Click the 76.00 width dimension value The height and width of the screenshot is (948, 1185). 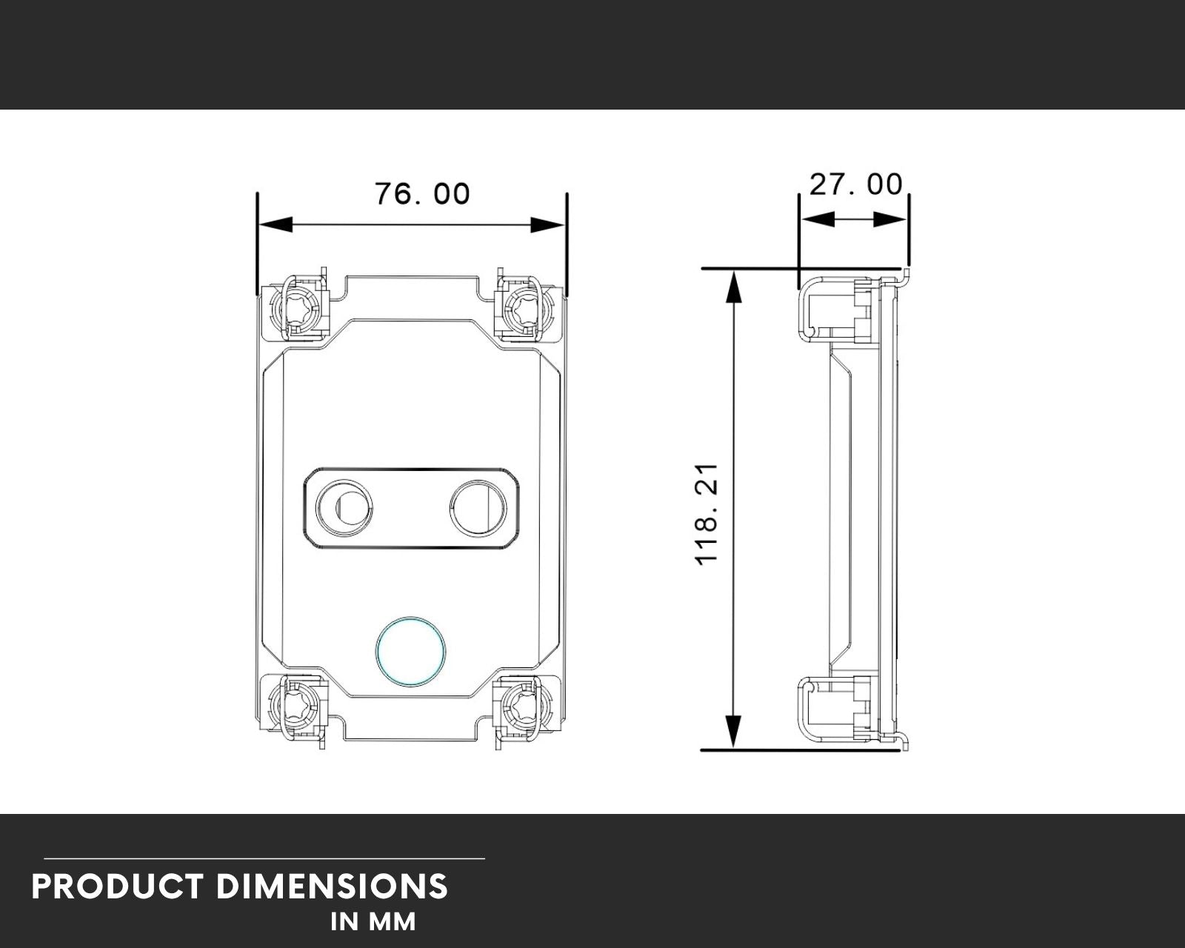click(x=422, y=194)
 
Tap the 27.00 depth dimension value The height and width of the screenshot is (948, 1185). click(x=855, y=184)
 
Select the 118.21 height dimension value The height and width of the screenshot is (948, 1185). click(x=707, y=514)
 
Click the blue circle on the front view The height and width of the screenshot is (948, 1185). click(x=411, y=650)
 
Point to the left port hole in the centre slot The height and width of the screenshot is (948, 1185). click(x=344, y=508)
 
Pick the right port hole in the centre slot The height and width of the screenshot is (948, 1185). click(x=478, y=508)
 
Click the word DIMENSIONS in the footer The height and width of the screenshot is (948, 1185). click(x=333, y=887)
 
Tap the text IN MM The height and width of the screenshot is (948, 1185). click(x=373, y=922)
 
